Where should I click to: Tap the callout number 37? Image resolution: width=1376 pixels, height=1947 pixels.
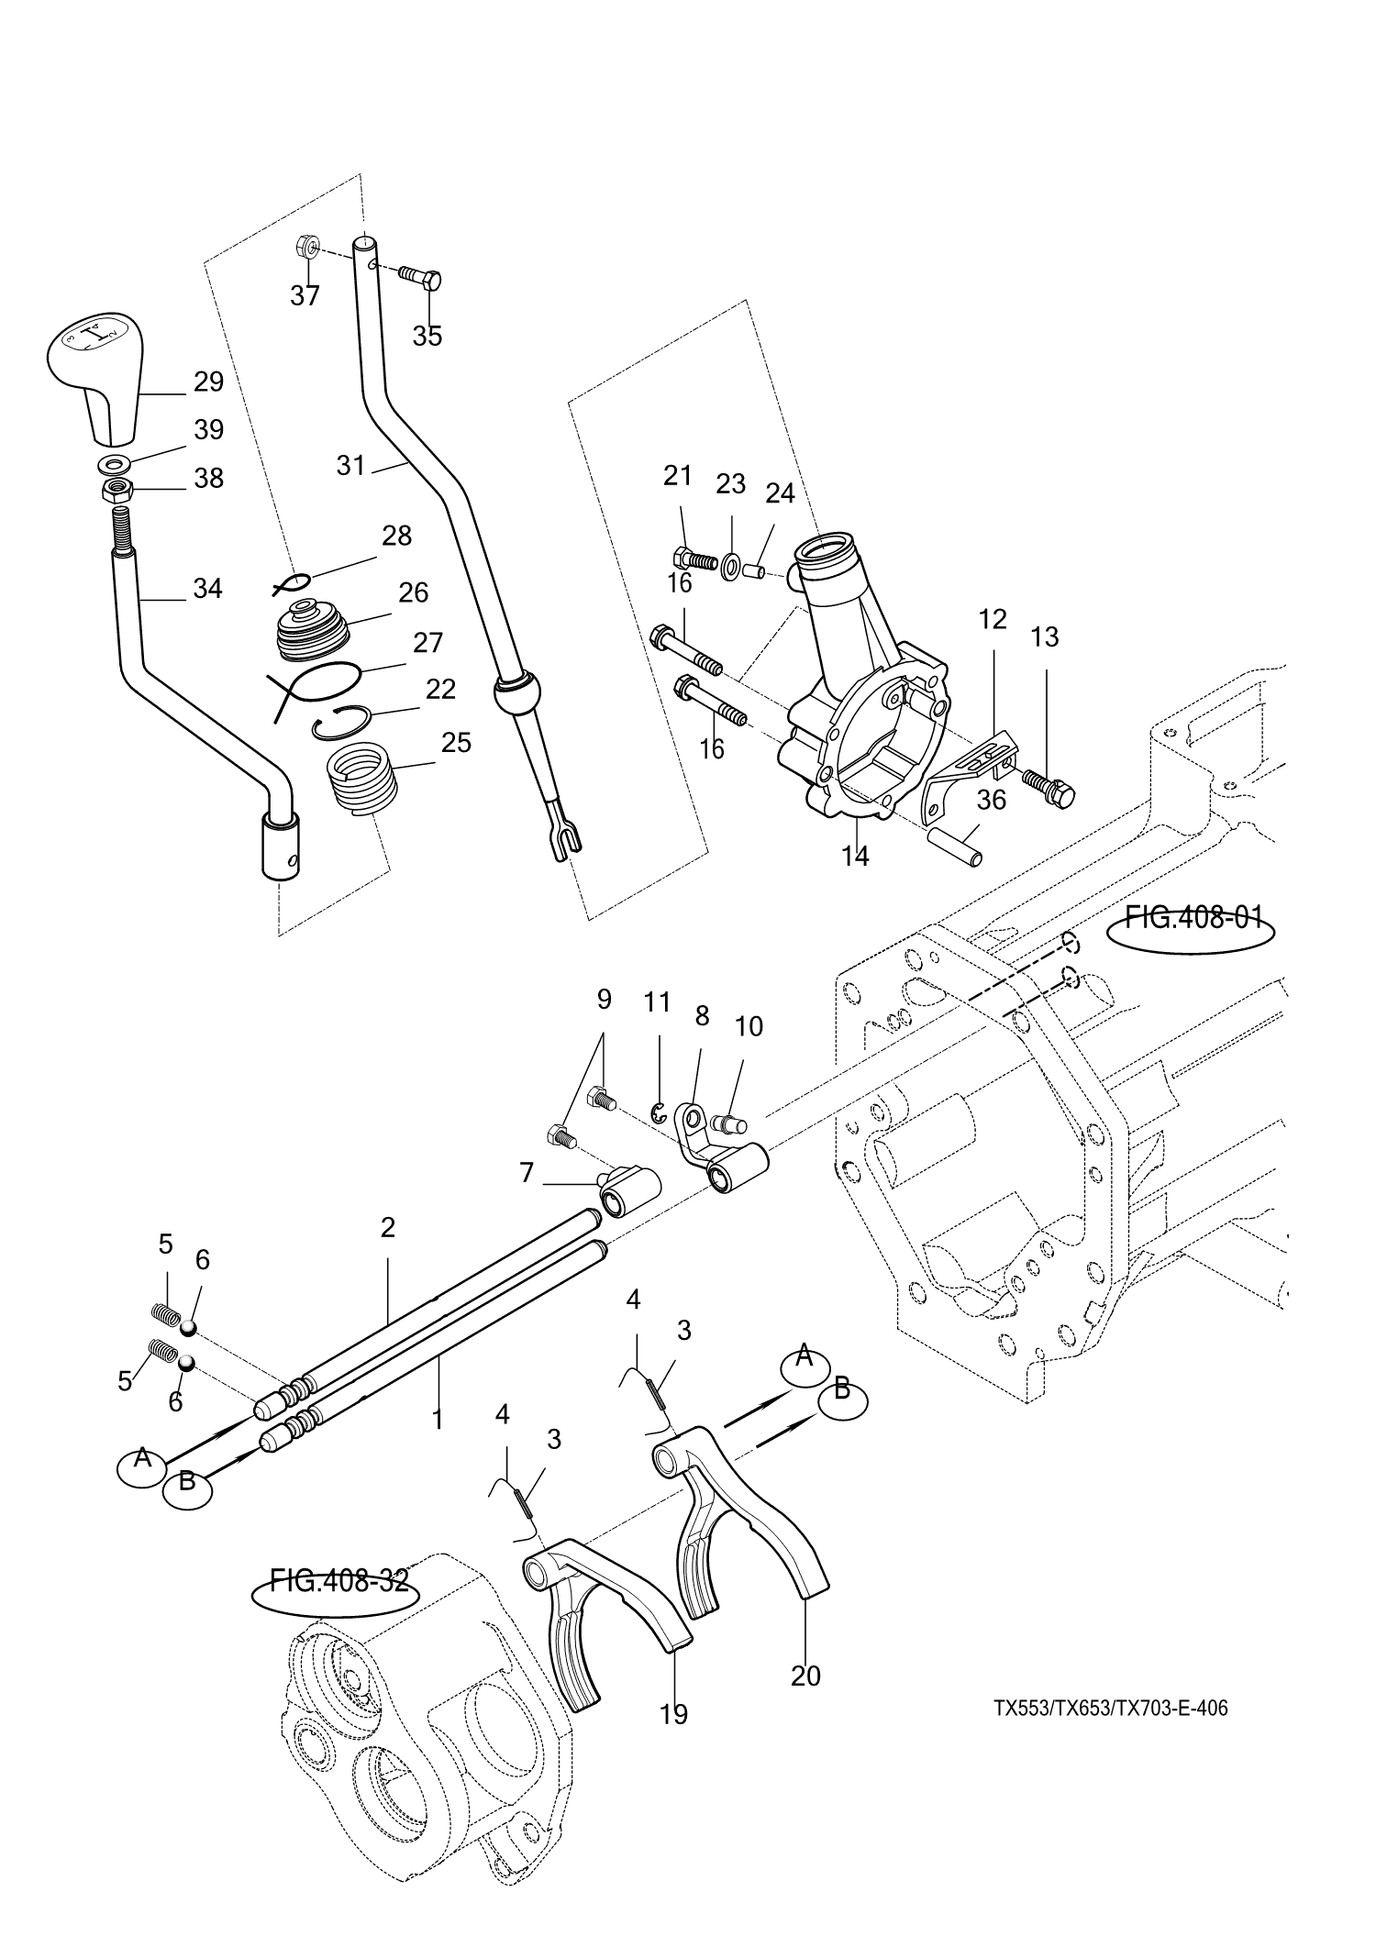coord(305,295)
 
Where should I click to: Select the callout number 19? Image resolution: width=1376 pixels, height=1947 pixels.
coord(673,1714)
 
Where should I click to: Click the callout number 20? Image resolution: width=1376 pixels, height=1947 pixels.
coord(805,1676)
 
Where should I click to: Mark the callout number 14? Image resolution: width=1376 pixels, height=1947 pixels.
coord(855,856)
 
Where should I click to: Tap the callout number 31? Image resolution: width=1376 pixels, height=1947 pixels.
coord(350,466)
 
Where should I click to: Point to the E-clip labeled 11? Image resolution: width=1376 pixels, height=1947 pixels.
coord(658,1114)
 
